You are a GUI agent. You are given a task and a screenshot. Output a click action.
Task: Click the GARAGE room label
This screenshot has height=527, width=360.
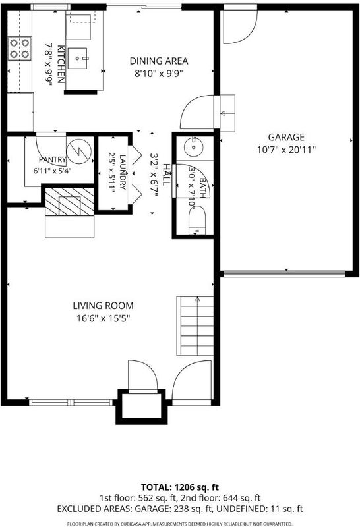click(x=286, y=137)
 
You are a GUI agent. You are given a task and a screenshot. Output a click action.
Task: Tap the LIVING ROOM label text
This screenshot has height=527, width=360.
click(x=104, y=306)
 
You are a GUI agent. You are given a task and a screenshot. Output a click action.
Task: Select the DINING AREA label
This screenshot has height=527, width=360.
click(x=159, y=61)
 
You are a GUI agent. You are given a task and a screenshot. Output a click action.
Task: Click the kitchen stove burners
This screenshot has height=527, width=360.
click(x=20, y=48)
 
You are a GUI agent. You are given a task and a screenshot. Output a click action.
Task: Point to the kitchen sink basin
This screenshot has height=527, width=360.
click(x=78, y=59)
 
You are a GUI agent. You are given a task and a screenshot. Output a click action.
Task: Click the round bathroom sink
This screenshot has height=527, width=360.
click(x=194, y=146)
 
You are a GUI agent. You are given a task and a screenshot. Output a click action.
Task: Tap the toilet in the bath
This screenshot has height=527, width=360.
click(x=197, y=220)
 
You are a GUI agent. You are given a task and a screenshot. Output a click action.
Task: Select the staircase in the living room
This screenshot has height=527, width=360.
click(x=195, y=325)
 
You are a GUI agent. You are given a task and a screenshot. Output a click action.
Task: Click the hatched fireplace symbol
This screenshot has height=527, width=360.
click(x=69, y=202)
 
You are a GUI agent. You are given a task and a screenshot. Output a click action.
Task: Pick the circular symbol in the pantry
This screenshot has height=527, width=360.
click(x=79, y=152)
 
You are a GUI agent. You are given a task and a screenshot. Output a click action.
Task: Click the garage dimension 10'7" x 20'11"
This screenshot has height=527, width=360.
click(x=286, y=150)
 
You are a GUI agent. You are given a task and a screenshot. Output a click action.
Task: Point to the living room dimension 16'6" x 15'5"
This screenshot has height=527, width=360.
click(x=104, y=318)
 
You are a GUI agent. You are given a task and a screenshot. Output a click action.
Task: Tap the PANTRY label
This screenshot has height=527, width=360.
click(x=52, y=159)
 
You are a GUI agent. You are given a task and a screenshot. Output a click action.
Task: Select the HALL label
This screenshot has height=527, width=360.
click(x=166, y=175)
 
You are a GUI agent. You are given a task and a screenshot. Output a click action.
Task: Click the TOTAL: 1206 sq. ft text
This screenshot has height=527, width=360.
click(x=180, y=487)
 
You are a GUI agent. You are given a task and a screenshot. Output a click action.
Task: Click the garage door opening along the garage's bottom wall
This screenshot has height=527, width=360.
click(x=285, y=273)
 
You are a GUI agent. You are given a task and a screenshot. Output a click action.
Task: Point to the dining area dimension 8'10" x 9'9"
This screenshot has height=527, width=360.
click(x=159, y=74)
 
